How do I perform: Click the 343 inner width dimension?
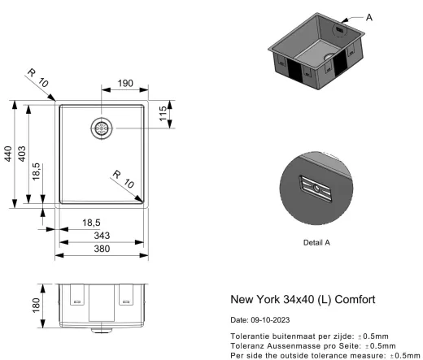click(102, 236)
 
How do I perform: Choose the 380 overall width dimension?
click(102, 249)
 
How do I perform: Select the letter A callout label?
click(370, 16)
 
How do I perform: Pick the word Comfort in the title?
click(352, 299)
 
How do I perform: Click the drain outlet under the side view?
click(102, 330)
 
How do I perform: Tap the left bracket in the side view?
click(77, 296)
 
